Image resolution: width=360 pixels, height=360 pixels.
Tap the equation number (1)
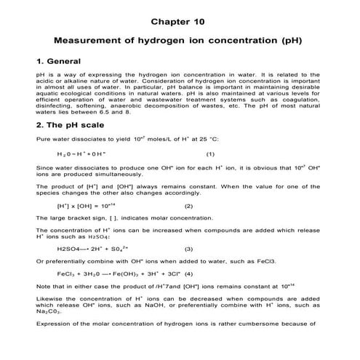[211, 154]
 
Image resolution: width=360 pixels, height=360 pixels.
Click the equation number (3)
[189, 248]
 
